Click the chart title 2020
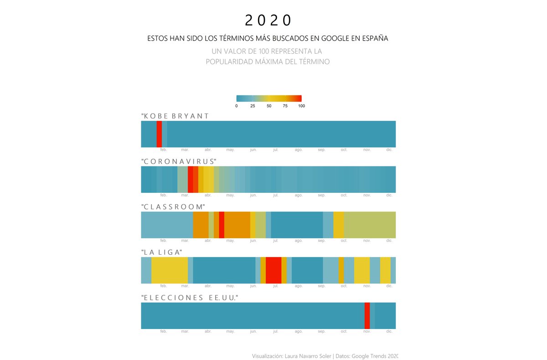coord(268,21)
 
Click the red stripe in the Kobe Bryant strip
coord(159,134)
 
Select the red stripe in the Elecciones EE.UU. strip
coord(367,315)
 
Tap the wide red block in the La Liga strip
coord(273,270)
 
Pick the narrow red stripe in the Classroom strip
coord(222,225)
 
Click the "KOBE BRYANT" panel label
coord(175,116)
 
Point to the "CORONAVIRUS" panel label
coord(179,162)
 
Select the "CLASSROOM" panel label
coord(173,207)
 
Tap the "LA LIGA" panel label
coord(162,252)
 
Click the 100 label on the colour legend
coord(301,106)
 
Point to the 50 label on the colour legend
coord(269,106)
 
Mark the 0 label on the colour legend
coord(236,106)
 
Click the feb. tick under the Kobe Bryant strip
coord(164,150)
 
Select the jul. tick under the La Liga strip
coord(275,286)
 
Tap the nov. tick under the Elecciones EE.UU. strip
coord(367,331)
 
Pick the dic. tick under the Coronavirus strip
coord(389,195)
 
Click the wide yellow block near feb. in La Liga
coord(169,270)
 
